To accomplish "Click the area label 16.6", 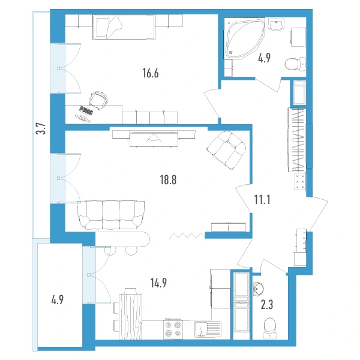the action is pyautogui.click(x=151, y=73).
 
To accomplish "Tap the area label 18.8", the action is pyautogui.click(x=168, y=180).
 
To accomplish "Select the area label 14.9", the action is pyautogui.click(x=158, y=283).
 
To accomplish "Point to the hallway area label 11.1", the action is pyautogui.click(x=262, y=199).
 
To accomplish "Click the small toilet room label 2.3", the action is pyautogui.click(x=267, y=305).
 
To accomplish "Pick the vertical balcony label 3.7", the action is pyautogui.click(x=41, y=128).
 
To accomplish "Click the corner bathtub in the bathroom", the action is pyautogui.click(x=244, y=38).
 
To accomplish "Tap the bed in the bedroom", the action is pyautogui.click(x=124, y=28).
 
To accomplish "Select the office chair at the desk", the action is pyautogui.click(x=98, y=100).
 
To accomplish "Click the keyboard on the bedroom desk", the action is pyautogui.click(x=86, y=110).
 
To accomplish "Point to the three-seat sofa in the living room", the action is pyautogui.click(x=111, y=215).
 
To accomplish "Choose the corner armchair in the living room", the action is pyautogui.click(x=226, y=151).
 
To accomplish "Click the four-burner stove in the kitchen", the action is pyautogui.click(x=173, y=329).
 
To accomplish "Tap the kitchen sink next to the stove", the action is pyautogui.click(x=208, y=329).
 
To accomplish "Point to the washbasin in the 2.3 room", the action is pyautogui.click(x=259, y=289).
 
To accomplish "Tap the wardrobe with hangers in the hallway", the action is pyautogui.click(x=297, y=140).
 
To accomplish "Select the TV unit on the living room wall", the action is pyautogui.click(x=154, y=139).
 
